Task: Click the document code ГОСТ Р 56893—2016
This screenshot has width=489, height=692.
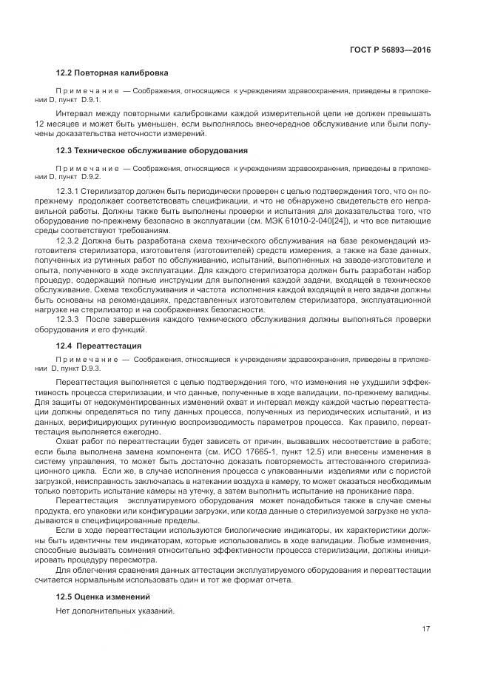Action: [x=390, y=50]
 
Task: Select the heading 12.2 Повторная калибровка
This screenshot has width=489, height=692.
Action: [x=112, y=73]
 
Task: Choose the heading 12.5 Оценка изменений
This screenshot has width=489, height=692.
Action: [x=103, y=596]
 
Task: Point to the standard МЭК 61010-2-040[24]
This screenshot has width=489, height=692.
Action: [x=316, y=221]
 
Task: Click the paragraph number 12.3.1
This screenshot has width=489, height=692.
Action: [x=69, y=191]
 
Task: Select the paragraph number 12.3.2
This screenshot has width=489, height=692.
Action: [x=69, y=241]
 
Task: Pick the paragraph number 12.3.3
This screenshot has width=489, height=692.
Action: [x=69, y=319]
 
